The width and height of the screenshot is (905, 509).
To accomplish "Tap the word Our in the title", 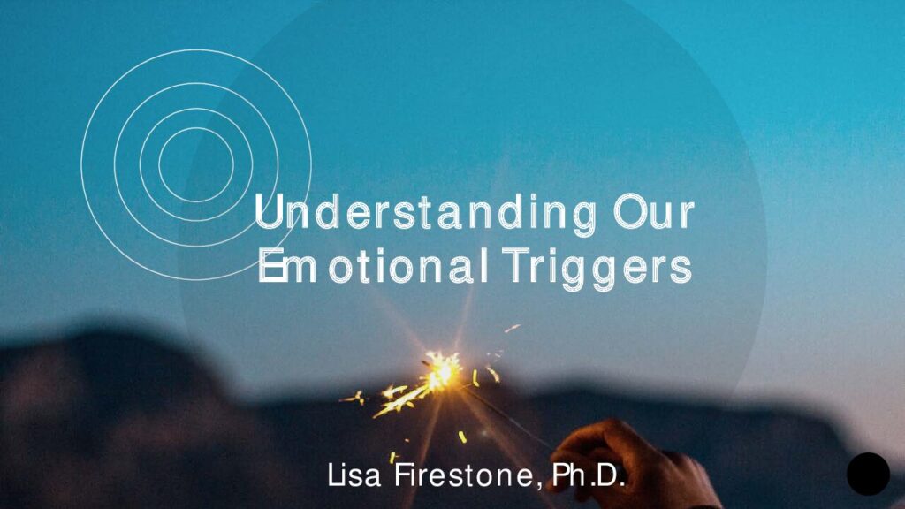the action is (x=654, y=212).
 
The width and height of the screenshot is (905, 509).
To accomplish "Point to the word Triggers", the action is (x=597, y=269).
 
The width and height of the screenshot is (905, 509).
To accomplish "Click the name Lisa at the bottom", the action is (x=354, y=475).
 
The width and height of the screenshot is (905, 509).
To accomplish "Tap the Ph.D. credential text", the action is (x=589, y=475).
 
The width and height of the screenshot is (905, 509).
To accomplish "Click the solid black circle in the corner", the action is (x=868, y=474).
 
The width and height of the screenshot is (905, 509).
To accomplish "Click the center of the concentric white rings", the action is (x=196, y=165).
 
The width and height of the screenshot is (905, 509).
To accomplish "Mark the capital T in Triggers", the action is (x=514, y=265).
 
